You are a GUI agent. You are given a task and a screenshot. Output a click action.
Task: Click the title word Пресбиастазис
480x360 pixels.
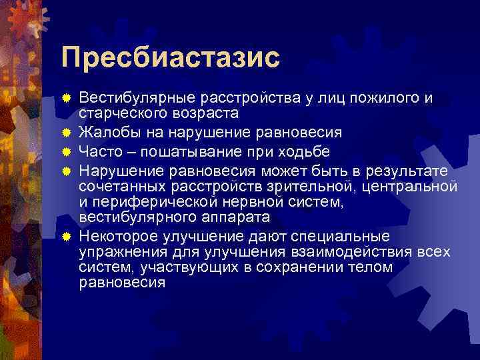[170, 57]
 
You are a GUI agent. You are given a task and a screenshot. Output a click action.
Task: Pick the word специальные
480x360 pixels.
[335, 237]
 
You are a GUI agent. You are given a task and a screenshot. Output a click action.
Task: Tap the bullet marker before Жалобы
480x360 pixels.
[67, 132]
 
